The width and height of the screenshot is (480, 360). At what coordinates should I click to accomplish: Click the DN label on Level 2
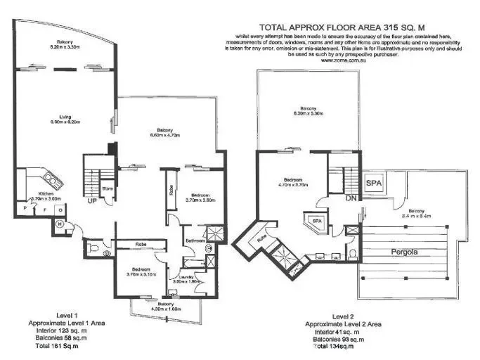342,198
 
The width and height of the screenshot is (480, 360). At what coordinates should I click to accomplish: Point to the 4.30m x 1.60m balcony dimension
165,309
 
